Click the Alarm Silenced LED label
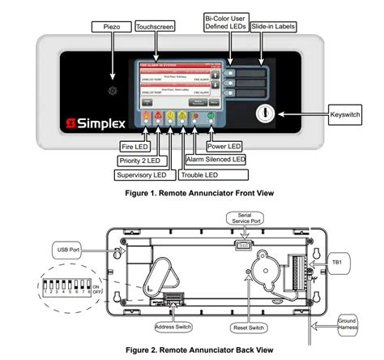(x=215, y=161)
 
